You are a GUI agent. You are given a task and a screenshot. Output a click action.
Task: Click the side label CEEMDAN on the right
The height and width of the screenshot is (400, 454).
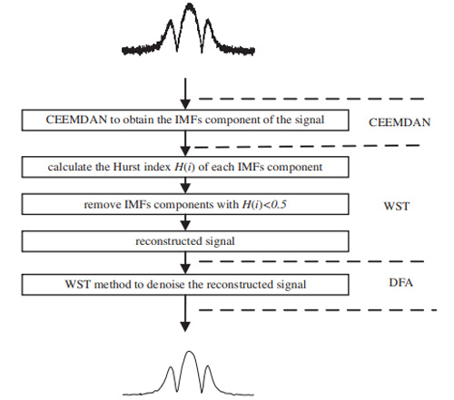(400, 122)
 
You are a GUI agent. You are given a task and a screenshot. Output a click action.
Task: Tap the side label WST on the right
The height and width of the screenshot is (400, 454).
(397, 206)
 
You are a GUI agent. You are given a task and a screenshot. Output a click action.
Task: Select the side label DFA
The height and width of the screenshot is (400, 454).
(400, 282)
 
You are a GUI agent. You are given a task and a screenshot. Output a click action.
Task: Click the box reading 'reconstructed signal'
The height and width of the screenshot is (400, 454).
(185, 241)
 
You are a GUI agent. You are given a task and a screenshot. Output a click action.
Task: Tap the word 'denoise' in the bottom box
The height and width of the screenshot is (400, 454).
(165, 285)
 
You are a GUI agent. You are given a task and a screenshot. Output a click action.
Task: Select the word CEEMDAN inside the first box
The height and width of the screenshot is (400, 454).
(76, 120)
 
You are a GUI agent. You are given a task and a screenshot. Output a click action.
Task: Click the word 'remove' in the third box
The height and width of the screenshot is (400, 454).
(103, 205)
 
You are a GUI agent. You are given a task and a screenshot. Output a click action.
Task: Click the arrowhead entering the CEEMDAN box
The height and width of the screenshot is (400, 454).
(185, 104)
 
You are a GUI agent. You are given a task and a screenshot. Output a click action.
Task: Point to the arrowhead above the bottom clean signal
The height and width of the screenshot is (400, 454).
(185, 327)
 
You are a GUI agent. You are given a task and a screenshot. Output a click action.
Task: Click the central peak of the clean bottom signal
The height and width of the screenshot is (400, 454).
(190, 352)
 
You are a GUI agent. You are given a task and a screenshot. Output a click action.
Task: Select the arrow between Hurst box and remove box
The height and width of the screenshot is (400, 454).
(185, 185)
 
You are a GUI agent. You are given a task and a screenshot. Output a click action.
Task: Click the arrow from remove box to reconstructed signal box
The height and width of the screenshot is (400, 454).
(185, 222)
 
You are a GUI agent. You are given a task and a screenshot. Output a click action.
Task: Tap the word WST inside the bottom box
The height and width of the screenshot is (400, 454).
(77, 285)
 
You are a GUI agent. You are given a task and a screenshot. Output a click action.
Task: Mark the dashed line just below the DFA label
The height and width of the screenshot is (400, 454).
(318, 310)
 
